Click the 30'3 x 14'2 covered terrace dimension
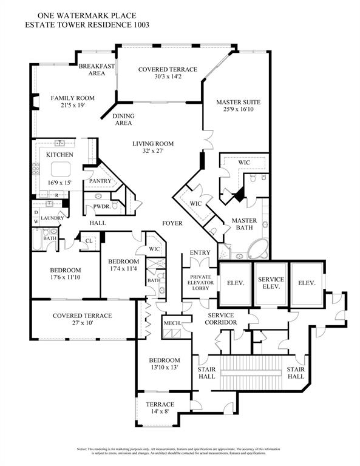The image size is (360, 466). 159,77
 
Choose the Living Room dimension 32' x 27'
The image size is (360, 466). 154,152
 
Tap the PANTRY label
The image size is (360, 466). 99,181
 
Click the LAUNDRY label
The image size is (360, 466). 52,217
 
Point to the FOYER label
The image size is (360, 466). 172,223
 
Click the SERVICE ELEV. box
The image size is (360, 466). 271,283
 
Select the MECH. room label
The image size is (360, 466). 171,323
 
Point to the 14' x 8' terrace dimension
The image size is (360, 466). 160,412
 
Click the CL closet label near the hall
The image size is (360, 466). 89,240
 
